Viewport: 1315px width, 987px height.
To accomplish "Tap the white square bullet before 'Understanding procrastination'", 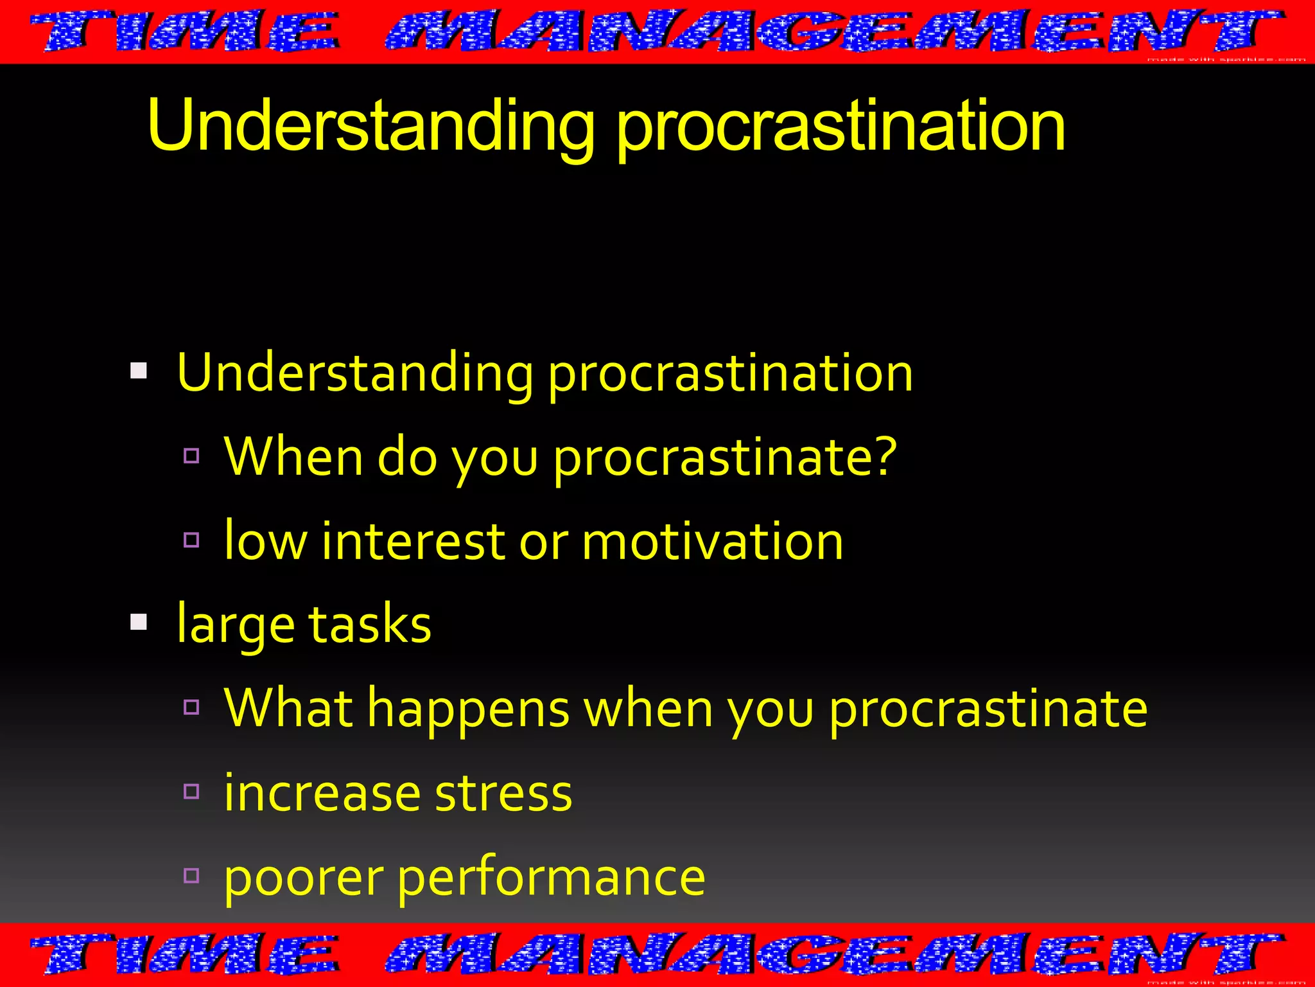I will (x=139, y=371).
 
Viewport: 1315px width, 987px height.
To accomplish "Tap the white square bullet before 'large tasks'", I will (x=139, y=622).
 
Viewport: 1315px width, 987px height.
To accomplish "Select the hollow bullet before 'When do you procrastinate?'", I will (x=191, y=456).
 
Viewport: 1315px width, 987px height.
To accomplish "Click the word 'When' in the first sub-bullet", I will (x=294, y=456).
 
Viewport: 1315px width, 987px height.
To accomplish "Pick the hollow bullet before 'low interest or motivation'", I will (x=191, y=540).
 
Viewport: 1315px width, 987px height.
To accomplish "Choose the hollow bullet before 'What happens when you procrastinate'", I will (x=191, y=707).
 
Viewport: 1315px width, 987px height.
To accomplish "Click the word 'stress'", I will (x=503, y=793).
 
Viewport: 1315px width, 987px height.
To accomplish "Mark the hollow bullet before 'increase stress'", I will (x=191, y=791).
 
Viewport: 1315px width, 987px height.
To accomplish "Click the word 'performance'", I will (x=552, y=878).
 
